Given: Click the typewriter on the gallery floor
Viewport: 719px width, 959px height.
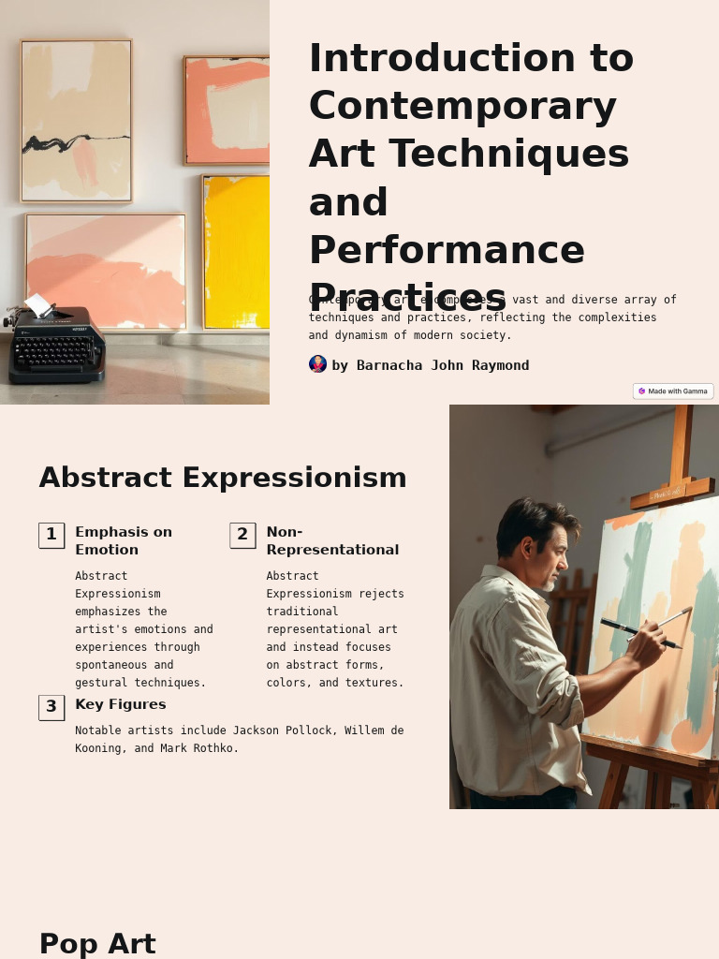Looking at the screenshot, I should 56,347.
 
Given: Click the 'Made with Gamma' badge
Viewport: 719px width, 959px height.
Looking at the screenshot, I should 673,391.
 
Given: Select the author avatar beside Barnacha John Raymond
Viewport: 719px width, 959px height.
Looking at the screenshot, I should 317,364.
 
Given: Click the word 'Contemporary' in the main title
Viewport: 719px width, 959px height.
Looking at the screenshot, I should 462,106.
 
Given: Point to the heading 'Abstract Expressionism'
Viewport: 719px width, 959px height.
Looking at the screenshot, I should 223,478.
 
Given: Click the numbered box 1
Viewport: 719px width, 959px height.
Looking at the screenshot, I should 51,535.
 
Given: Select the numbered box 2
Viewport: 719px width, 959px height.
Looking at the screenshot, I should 242,535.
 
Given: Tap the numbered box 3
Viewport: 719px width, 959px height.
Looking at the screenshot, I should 51,707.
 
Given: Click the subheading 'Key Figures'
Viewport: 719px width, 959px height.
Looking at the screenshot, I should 121,704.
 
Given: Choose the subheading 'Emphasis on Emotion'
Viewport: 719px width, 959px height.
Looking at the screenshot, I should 124,540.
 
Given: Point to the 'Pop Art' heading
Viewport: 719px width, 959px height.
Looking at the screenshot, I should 97,943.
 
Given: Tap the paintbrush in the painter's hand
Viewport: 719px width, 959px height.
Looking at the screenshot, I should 646,634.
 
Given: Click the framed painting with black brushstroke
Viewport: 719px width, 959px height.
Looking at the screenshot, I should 77,121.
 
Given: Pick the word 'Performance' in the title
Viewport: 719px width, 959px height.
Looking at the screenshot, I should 447,250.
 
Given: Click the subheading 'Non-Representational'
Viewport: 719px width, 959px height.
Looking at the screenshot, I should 332,540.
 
